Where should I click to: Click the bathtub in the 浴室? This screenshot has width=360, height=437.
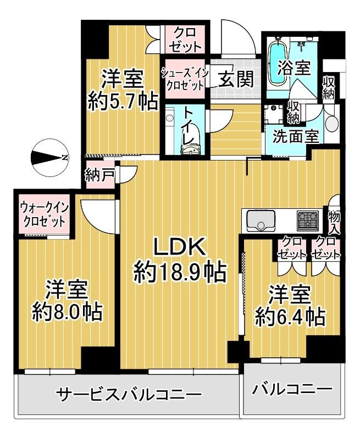[278, 62]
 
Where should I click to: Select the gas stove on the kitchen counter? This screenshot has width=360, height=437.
[308, 220]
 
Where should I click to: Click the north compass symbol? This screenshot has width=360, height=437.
[49, 158]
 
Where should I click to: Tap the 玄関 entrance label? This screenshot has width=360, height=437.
[236, 79]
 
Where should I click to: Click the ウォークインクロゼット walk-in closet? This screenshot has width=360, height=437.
[44, 215]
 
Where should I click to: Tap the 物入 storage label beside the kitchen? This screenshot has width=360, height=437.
[334, 222]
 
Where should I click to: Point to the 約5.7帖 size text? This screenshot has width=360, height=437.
[123, 102]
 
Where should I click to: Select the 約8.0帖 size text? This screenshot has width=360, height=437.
[67, 312]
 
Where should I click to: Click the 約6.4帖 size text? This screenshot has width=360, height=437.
[290, 317]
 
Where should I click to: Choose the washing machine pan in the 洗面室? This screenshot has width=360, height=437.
[274, 114]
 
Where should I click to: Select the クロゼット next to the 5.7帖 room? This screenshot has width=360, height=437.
[185, 39]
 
